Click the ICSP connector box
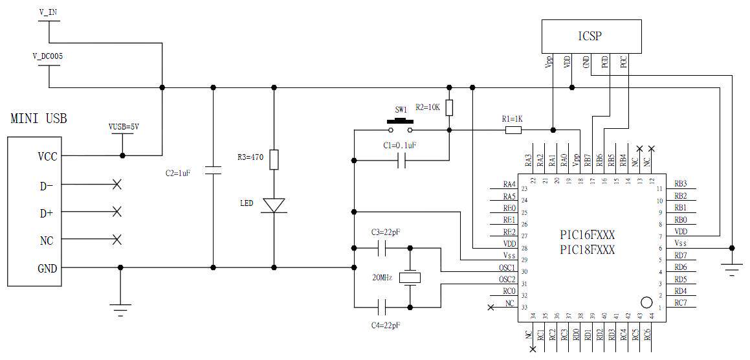click(x=591, y=36)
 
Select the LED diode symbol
click(x=274, y=205)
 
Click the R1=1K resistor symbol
click(x=513, y=130)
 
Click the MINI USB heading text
click(x=39, y=119)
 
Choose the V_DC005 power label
click(x=48, y=56)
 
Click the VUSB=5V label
click(x=124, y=127)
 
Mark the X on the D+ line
click(x=117, y=211)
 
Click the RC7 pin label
click(x=680, y=302)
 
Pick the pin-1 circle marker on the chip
click(x=645, y=302)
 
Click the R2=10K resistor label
click(x=428, y=107)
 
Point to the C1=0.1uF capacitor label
click(x=395, y=146)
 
